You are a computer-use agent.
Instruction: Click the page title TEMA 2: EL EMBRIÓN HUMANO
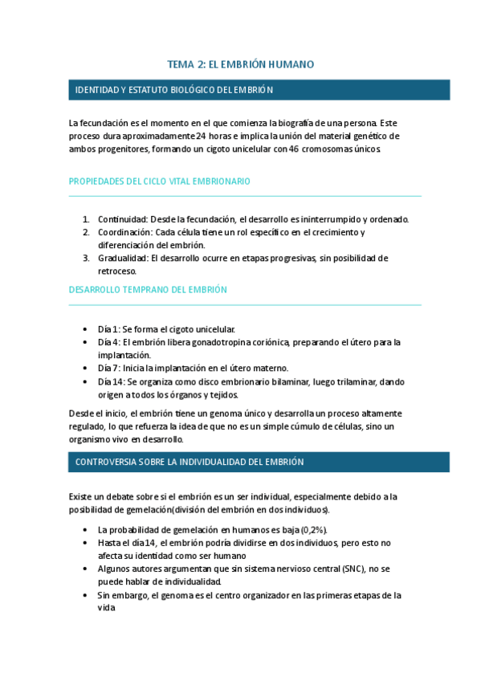point(240,64)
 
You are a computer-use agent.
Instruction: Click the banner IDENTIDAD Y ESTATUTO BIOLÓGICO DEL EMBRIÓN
point(174,90)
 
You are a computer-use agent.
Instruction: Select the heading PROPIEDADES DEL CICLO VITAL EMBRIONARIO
point(160,181)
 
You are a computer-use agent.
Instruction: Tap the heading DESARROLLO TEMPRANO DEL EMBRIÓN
point(149,289)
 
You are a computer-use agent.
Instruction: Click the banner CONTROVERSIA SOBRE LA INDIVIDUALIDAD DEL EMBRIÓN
point(190,462)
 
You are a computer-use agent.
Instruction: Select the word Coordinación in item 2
point(124,232)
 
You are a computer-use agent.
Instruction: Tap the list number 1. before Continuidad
point(86,219)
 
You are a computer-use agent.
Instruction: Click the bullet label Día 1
point(108,329)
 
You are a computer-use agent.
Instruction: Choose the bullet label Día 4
point(108,342)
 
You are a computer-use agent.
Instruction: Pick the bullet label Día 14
point(110,381)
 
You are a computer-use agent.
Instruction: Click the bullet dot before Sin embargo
point(86,595)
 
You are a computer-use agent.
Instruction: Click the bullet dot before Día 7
point(86,368)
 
